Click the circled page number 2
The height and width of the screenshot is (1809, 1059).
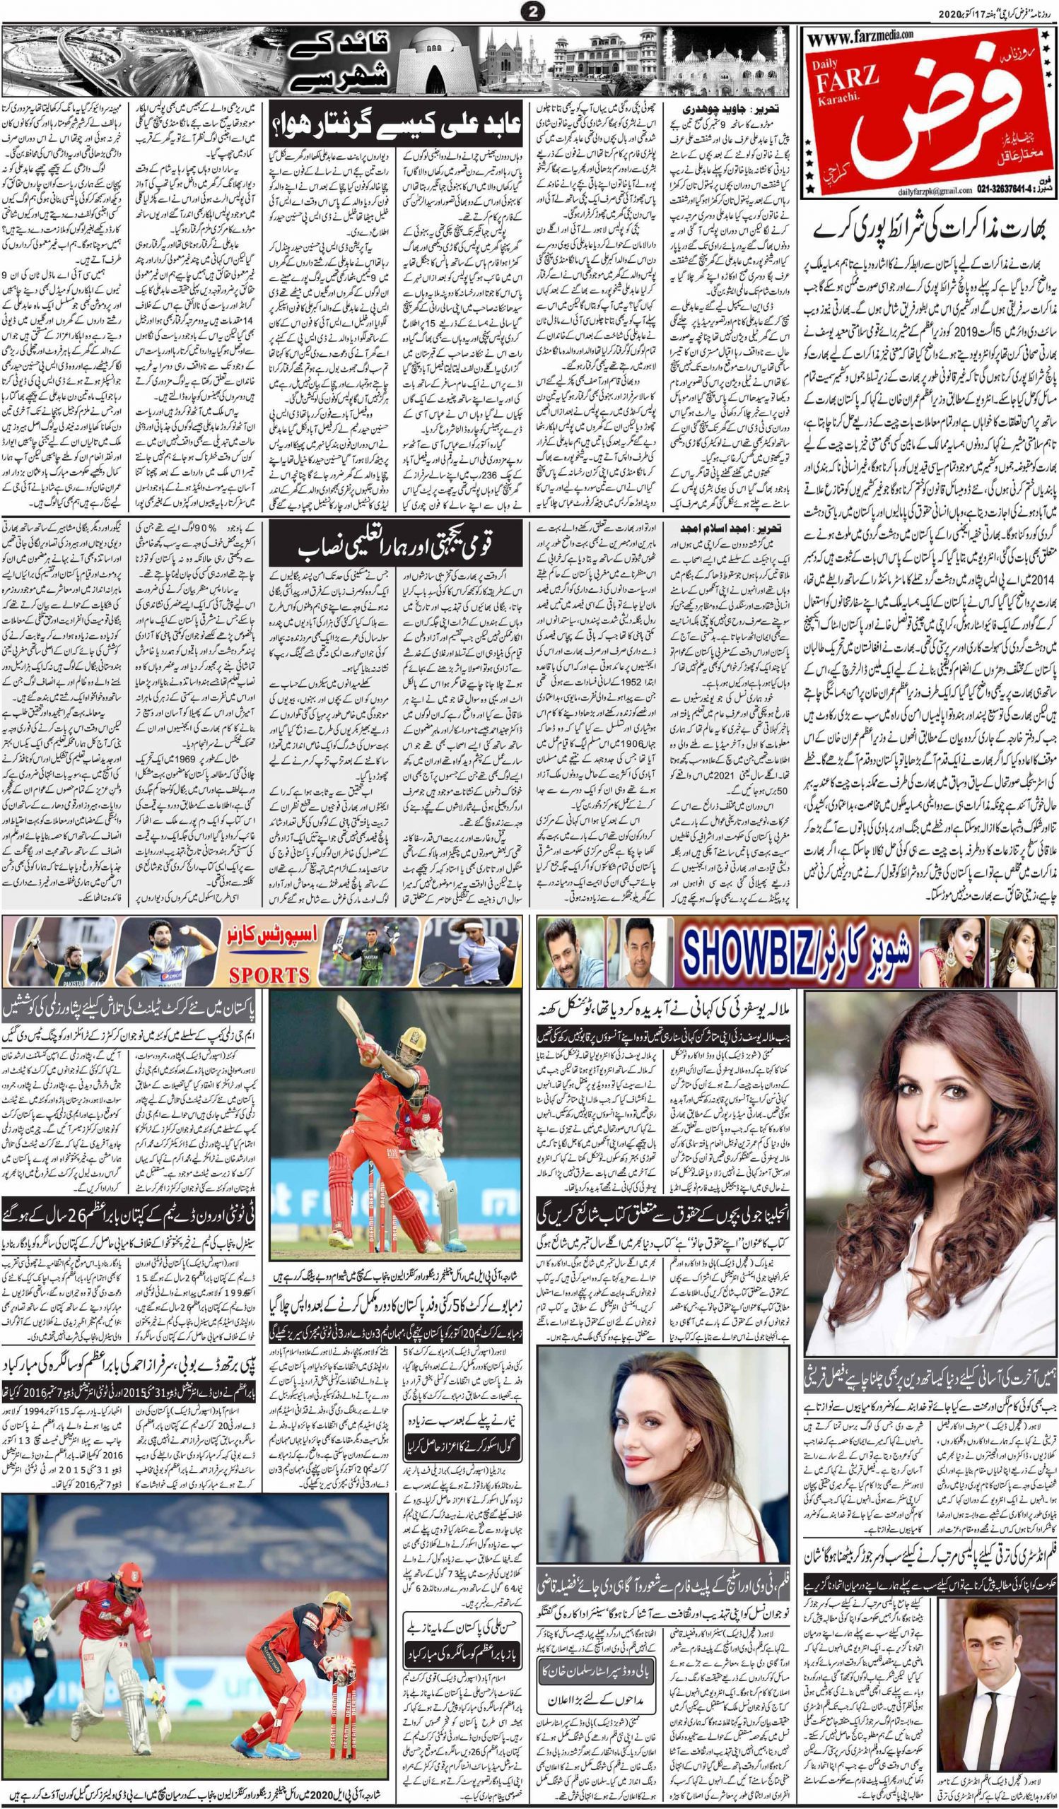(x=528, y=11)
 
